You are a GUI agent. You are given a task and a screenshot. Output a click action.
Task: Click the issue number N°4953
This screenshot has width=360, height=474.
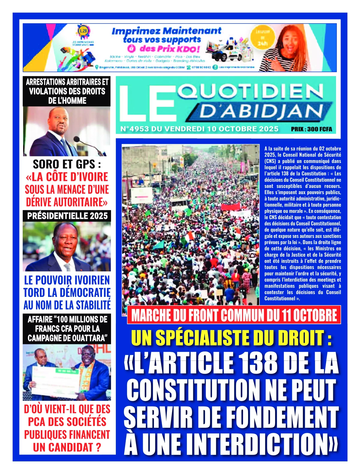[x=135, y=129]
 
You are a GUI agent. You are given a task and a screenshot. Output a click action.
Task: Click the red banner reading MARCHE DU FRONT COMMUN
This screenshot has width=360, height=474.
[x=234, y=315]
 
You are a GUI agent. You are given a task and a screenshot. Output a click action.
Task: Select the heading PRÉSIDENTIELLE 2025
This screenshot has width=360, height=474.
[x=67, y=216]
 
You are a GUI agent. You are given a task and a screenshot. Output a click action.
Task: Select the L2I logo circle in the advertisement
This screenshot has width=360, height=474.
[x=82, y=31]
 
